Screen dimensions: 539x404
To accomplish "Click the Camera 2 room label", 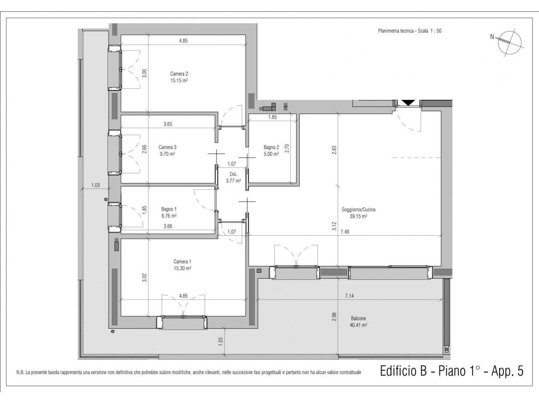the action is click(179, 74).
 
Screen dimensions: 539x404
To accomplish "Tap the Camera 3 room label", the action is click(167, 147).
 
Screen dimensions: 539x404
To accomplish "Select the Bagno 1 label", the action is click(169, 209).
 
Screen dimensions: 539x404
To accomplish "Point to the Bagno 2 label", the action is click(271, 147).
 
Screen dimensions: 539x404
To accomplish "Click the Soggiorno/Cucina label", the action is click(358, 210).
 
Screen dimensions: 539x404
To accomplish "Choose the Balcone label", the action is click(358, 319).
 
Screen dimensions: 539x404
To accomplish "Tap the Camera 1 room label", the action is click(182, 261).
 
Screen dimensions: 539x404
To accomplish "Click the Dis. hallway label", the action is click(233, 174).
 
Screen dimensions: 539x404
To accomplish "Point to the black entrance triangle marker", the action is click(408, 103).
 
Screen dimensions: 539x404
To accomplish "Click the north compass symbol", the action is click(509, 43).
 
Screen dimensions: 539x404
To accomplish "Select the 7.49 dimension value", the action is click(345, 231).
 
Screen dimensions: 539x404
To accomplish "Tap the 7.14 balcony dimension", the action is click(349, 296).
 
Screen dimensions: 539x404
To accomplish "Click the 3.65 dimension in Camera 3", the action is click(168, 124).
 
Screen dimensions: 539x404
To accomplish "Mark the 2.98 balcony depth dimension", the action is click(334, 316).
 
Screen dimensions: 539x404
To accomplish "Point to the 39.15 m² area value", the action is click(358, 216).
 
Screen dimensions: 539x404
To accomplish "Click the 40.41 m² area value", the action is click(358, 325).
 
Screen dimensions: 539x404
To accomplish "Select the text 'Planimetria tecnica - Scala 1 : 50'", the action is click(410, 31).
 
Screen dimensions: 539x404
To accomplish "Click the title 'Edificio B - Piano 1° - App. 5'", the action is click(452, 371).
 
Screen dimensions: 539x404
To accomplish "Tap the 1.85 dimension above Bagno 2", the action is click(272, 117).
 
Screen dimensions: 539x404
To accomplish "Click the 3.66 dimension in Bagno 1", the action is click(168, 226).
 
